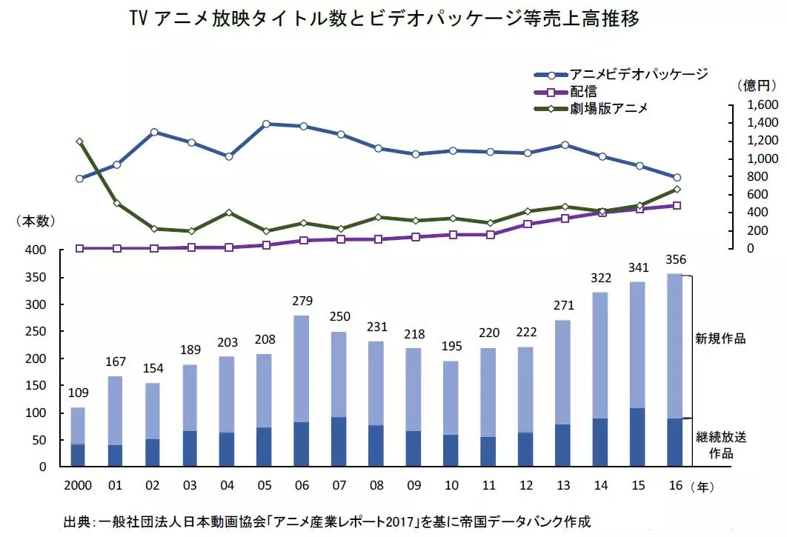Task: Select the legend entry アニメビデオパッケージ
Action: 638,74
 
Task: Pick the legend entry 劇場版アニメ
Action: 608,108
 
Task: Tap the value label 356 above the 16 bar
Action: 676,259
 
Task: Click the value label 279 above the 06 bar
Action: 302,301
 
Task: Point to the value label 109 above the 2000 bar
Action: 78,393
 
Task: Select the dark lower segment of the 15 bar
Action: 638,437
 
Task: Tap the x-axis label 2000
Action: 78,487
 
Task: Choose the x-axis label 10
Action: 451,487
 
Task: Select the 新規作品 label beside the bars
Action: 720,338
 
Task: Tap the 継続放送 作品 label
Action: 720,444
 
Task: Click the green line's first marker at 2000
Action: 79,141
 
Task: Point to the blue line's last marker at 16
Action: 677,178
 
